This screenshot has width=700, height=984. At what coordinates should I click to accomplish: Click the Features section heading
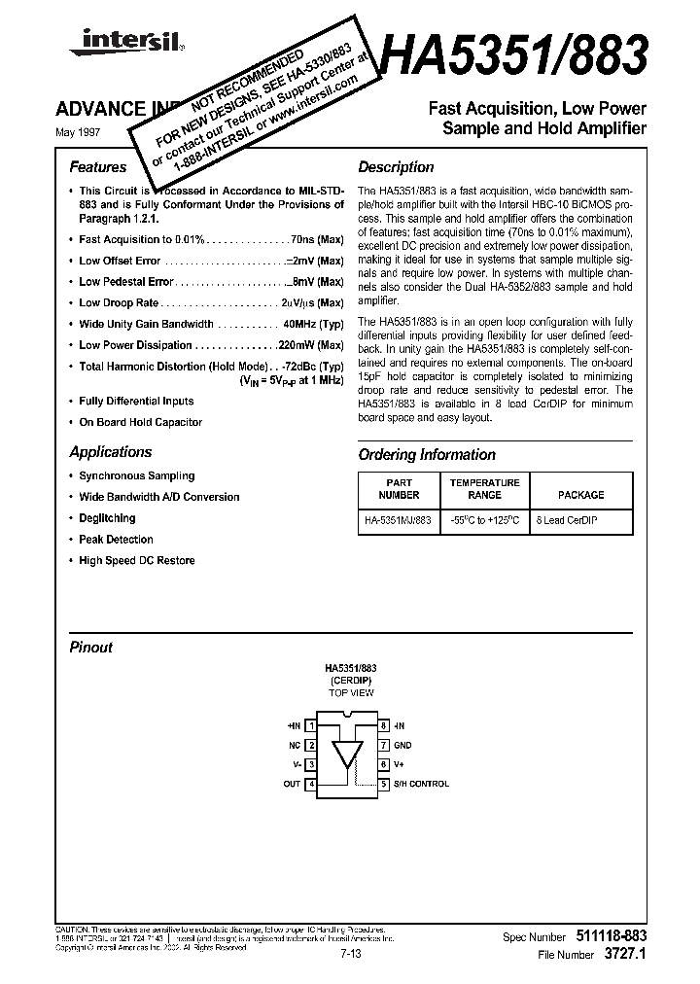tap(97, 167)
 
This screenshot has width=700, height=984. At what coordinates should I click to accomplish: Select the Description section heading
tap(396, 167)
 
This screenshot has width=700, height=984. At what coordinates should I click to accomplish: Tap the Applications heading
tap(111, 452)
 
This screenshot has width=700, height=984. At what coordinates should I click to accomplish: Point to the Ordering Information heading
tap(427, 455)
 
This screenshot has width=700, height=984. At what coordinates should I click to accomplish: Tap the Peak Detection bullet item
tap(116, 540)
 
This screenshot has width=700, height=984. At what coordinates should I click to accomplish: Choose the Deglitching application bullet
tap(107, 518)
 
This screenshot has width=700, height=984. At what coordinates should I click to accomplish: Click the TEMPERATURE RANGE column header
tap(484, 489)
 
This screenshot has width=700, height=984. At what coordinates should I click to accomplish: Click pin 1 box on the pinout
tap(311, 725)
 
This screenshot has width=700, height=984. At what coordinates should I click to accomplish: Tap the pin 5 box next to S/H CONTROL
tap(385, 784)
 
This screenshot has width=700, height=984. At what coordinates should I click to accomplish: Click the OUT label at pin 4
tap(292, 784)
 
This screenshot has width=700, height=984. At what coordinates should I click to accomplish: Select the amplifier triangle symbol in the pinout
tap(347, 756)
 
